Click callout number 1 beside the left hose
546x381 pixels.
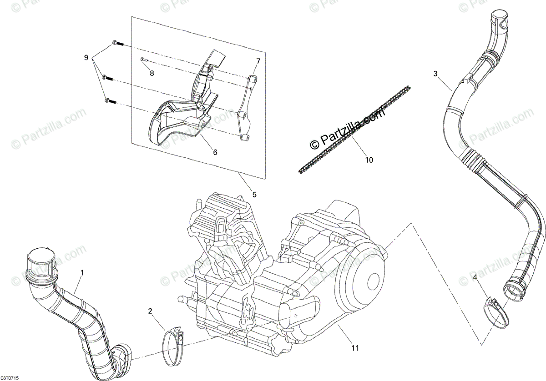click(82, 273)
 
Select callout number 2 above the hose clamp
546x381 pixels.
click(150, 311)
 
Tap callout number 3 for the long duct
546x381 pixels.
click(435, 73)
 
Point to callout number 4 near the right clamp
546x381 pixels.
click(475, 277)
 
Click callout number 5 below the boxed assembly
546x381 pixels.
click(254, 195)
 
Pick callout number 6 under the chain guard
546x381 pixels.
click(215, 152)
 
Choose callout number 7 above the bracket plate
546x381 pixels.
click(258, 61)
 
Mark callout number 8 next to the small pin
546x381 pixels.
click(152, 73)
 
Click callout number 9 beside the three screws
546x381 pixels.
click(86, 58)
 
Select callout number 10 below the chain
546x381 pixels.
click(369, 160)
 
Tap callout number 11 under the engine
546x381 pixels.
click(355, 348)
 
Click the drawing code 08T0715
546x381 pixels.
click(10, 377)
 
